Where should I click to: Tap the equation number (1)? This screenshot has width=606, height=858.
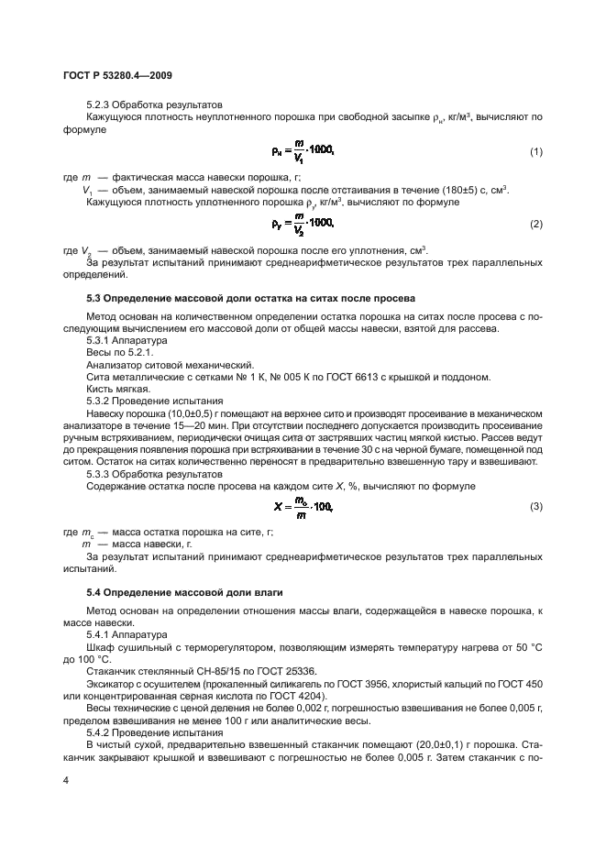point(536,150)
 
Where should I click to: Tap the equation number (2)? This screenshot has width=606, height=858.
point(536,225)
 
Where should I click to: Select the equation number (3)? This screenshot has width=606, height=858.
point(536,507)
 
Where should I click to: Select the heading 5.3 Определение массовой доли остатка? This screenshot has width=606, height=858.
point(250,299)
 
